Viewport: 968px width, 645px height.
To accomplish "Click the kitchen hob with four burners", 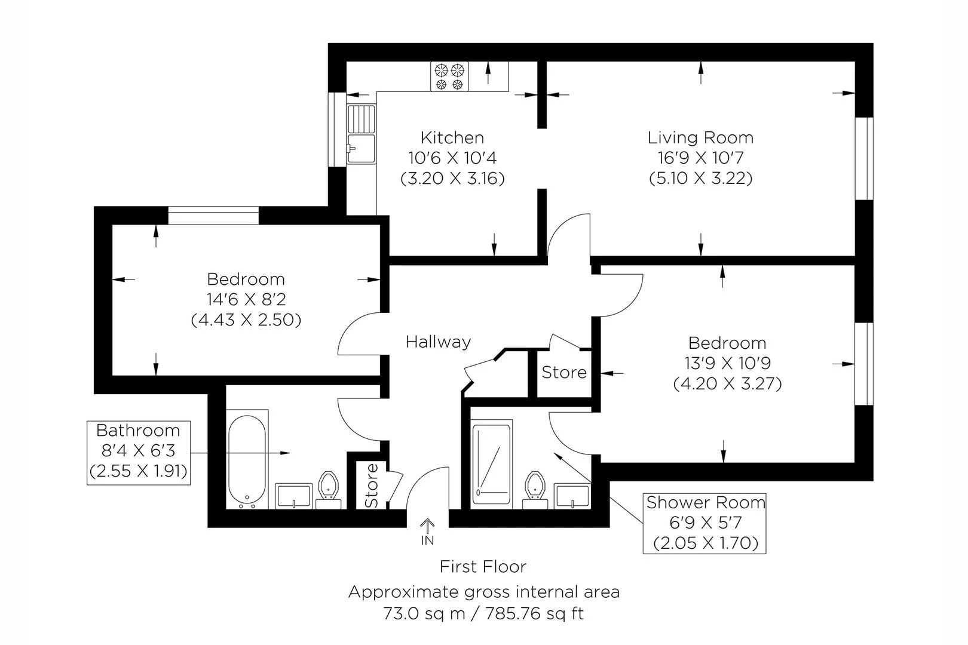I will [x=449, y=76].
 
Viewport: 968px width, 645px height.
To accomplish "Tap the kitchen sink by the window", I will [x=361, y=134].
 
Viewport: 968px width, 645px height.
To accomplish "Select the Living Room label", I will [x=700, y=138].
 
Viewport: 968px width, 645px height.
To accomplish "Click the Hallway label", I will [x=438, y=342].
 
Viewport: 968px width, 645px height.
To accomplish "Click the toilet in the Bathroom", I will [x=328, y=488].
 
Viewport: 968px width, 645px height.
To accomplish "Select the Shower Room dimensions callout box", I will [x=704, y=523].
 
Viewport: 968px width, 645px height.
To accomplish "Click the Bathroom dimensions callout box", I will [x=139, y=451].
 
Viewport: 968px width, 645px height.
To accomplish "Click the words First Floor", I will [x=483, y=566].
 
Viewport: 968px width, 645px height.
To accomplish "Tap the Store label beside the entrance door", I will [x=372, y=484].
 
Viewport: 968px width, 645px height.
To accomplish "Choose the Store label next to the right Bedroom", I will [x=563, y=373].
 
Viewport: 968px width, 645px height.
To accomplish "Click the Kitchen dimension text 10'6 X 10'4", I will [x=452, y=158].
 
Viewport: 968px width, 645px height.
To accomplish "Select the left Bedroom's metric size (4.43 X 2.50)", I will [x=246, y=320].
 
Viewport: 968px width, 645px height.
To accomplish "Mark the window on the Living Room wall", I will [x=864, y=158].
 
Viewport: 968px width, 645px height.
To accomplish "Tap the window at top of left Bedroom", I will [x=213, y=215].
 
